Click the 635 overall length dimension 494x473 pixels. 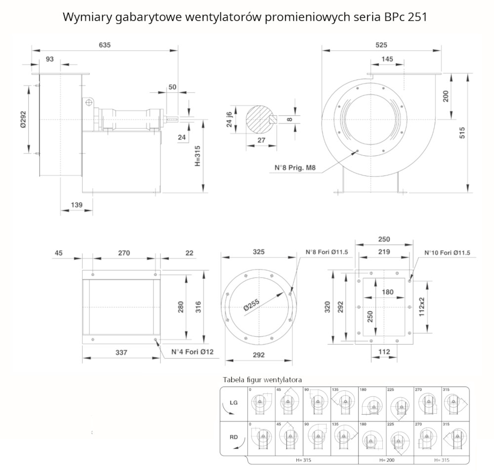[x=104, y=44]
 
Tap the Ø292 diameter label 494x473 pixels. [x=23, y=119]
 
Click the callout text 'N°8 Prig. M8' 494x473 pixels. [x=295, y=168]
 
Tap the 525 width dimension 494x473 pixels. [x=381, y=44]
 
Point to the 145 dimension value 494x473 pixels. [x=387, y=59]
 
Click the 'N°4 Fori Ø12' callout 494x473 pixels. [x=192, y=352]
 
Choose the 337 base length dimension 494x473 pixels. [x=121, y=352]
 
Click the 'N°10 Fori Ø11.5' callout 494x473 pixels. [x=447, y=253]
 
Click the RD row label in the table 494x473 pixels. [x=234, y=437]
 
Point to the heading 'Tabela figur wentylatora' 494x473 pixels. [x=262, y=380]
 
